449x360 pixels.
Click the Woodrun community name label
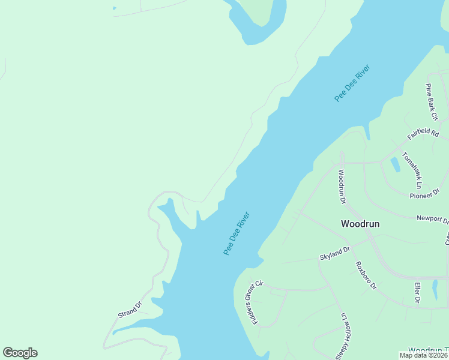click(360, 224)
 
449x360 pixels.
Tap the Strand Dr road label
click(130, 310)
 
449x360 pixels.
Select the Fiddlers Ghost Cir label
click(255, 302)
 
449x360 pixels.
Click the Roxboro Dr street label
click(366, 275)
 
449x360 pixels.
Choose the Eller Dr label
click(417, 293)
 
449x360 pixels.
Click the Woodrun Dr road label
click(342, 184)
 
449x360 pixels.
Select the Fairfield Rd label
click(424, 137)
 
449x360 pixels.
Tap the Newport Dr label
click(433, 218)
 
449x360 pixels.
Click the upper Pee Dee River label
click(352, 82)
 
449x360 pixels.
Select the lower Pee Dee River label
click(237, 233)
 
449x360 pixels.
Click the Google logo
click(20, 353)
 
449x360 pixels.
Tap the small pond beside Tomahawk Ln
click(395, 164)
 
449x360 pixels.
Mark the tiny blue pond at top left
click(114, 8)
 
